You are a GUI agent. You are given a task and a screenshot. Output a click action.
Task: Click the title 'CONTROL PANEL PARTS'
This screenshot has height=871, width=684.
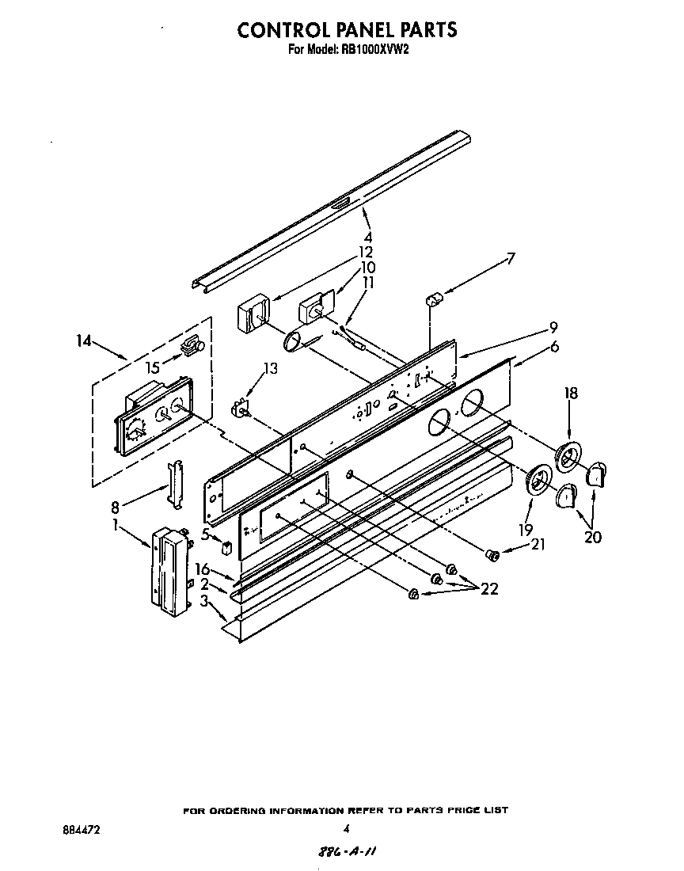click(x=348, y=29)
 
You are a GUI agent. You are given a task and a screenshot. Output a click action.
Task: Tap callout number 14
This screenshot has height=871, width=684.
click(x=84, y=341)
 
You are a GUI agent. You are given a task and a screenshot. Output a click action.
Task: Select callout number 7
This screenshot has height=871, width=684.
click(x=511, y=258)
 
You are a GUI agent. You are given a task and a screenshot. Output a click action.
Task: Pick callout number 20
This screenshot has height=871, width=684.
click(x=591, y=538)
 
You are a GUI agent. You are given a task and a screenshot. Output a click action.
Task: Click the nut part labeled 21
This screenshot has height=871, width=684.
click(x=491, y=557)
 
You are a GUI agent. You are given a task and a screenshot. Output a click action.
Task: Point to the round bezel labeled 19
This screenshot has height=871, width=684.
click(x=538, y=480)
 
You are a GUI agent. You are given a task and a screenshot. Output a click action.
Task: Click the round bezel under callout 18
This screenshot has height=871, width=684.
click(x=568, y=457)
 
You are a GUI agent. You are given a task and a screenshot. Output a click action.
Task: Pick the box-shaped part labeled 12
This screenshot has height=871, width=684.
click(x=253, y=320)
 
